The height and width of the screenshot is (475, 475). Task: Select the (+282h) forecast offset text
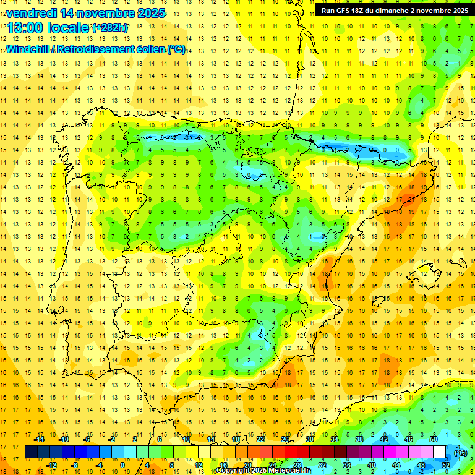pyautogui.click(x=110, y=28)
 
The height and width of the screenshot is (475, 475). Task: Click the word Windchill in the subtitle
pyautogui.click(x=28, y=49)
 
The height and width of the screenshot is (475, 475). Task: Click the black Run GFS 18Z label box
pyautogui.click(x=394, y=10)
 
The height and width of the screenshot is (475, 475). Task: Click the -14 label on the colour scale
pyautogui.click(x=40, y=439)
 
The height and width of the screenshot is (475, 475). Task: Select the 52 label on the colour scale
pyautogui.click(x=446, y=464)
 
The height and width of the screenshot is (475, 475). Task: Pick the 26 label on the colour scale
pyautogui.click(x=285, y=439)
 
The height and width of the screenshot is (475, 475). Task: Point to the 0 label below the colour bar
pyautogui.click(x=122, y=464)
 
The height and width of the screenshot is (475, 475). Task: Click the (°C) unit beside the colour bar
pyautogui.click(x=460, y=453)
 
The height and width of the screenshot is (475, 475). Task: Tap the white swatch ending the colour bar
pyautogui.click(x=440, y=452)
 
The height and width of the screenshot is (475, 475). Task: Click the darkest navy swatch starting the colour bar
pyautogui.click(x=31, y=452)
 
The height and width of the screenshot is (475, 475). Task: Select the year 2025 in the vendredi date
pyautogui.click(x=150, y=13)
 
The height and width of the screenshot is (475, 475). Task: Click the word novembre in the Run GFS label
pyautogui.click(x=434, y=10)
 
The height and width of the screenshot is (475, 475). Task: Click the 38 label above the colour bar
pyautogui.click(x=359, y=439)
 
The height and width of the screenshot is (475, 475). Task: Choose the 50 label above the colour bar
pyautogui.click(x=434, y=439)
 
